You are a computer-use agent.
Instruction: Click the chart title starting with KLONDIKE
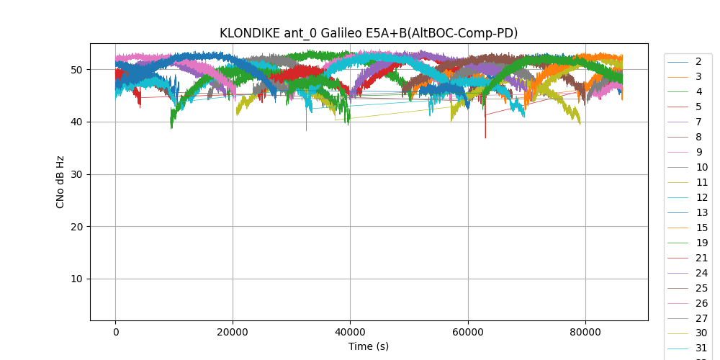[369, 33]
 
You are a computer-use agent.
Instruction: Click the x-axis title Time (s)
[369, 346]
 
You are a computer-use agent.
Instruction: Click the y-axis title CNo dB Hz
[61, 182]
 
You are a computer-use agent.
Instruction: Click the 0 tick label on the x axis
[115, 332]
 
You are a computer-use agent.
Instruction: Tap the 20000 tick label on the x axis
[233, 332]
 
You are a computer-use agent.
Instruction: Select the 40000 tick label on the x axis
[350, 332]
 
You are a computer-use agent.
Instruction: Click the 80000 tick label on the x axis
[585, 332]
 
